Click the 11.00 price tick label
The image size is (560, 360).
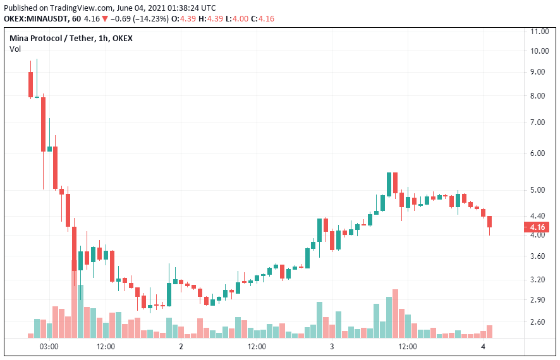(x=539, y=31)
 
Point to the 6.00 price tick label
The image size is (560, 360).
(x=539, y=153)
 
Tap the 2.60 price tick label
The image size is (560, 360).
(x=539, y=322)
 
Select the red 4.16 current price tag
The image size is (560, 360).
(x=538, y=227)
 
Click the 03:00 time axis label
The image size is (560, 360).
(x=49, y=347)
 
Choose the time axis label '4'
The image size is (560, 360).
(x=483, y=347)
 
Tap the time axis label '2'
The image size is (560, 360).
(x=181, y=347)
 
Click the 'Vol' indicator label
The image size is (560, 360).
(x=15, y=49)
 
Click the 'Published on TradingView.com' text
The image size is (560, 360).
(x=47, y=8)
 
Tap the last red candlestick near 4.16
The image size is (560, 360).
(x=489, y=222)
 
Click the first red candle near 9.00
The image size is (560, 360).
(x=30, y=84)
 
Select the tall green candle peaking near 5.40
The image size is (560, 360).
(x=389, y=184)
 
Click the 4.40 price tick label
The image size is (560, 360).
(x=539, y=215)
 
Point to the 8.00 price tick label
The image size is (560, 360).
(x=539, y=96)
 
